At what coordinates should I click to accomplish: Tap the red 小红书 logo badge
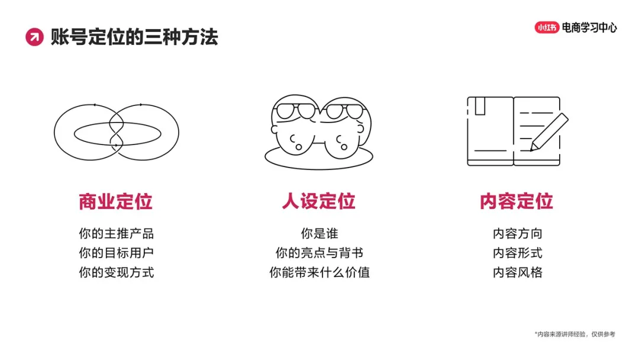pos(547,27)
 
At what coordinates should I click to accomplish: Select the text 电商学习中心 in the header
pos(589,27)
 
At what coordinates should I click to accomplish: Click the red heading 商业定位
pos(116,201)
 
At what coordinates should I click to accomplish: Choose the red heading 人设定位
pos(319,201)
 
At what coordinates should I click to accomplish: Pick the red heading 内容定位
pos(517,201)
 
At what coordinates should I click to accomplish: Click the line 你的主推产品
pos(116,234)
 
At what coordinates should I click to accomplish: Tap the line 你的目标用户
pos(116,253)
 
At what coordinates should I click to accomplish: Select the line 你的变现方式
pos(116,273)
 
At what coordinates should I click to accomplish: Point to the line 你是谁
pos(319,234)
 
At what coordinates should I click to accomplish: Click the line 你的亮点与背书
pos(319,253)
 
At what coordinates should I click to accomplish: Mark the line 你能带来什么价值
pos(319,273)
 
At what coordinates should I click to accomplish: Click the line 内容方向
pos(517,234)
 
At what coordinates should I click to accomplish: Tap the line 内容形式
pos(517,253)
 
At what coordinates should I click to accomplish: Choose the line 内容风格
pos(517,273)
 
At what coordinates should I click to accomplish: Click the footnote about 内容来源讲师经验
pos(575,335)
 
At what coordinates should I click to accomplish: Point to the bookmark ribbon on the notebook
pos(480,106)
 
